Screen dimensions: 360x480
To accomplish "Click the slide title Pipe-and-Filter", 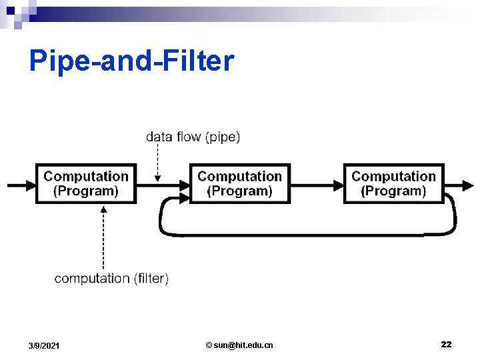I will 131,61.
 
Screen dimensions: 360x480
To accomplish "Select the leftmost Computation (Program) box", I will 86,183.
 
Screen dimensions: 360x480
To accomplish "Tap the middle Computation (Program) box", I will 240,183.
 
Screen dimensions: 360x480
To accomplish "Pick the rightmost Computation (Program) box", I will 394,183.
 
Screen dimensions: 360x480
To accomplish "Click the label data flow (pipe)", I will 193,137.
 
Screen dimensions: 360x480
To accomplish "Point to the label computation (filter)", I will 111,278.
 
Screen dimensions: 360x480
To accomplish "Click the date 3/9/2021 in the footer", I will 44,345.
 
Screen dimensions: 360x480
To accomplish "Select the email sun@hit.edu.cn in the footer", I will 239,345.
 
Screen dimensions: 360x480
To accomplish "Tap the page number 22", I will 446,344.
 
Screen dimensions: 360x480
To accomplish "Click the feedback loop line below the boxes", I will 307,234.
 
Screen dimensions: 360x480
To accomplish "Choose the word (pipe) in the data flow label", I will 223,137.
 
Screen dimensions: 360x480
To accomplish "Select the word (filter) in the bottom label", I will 151,278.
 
